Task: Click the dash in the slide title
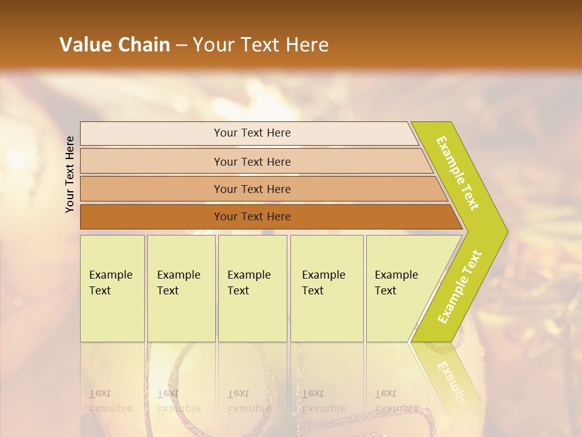(x=181, y=45)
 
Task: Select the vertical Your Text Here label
(x=70, y=174)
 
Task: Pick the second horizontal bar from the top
(x=252, y=161)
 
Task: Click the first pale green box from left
(x=112, y=288)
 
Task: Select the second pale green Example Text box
(x=181, y=288)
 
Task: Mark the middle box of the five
(x=252, y=288)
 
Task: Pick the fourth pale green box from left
(x=327, y=288)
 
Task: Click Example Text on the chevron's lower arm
(x=460, y=286)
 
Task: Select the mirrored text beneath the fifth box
(x=395, y=401)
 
